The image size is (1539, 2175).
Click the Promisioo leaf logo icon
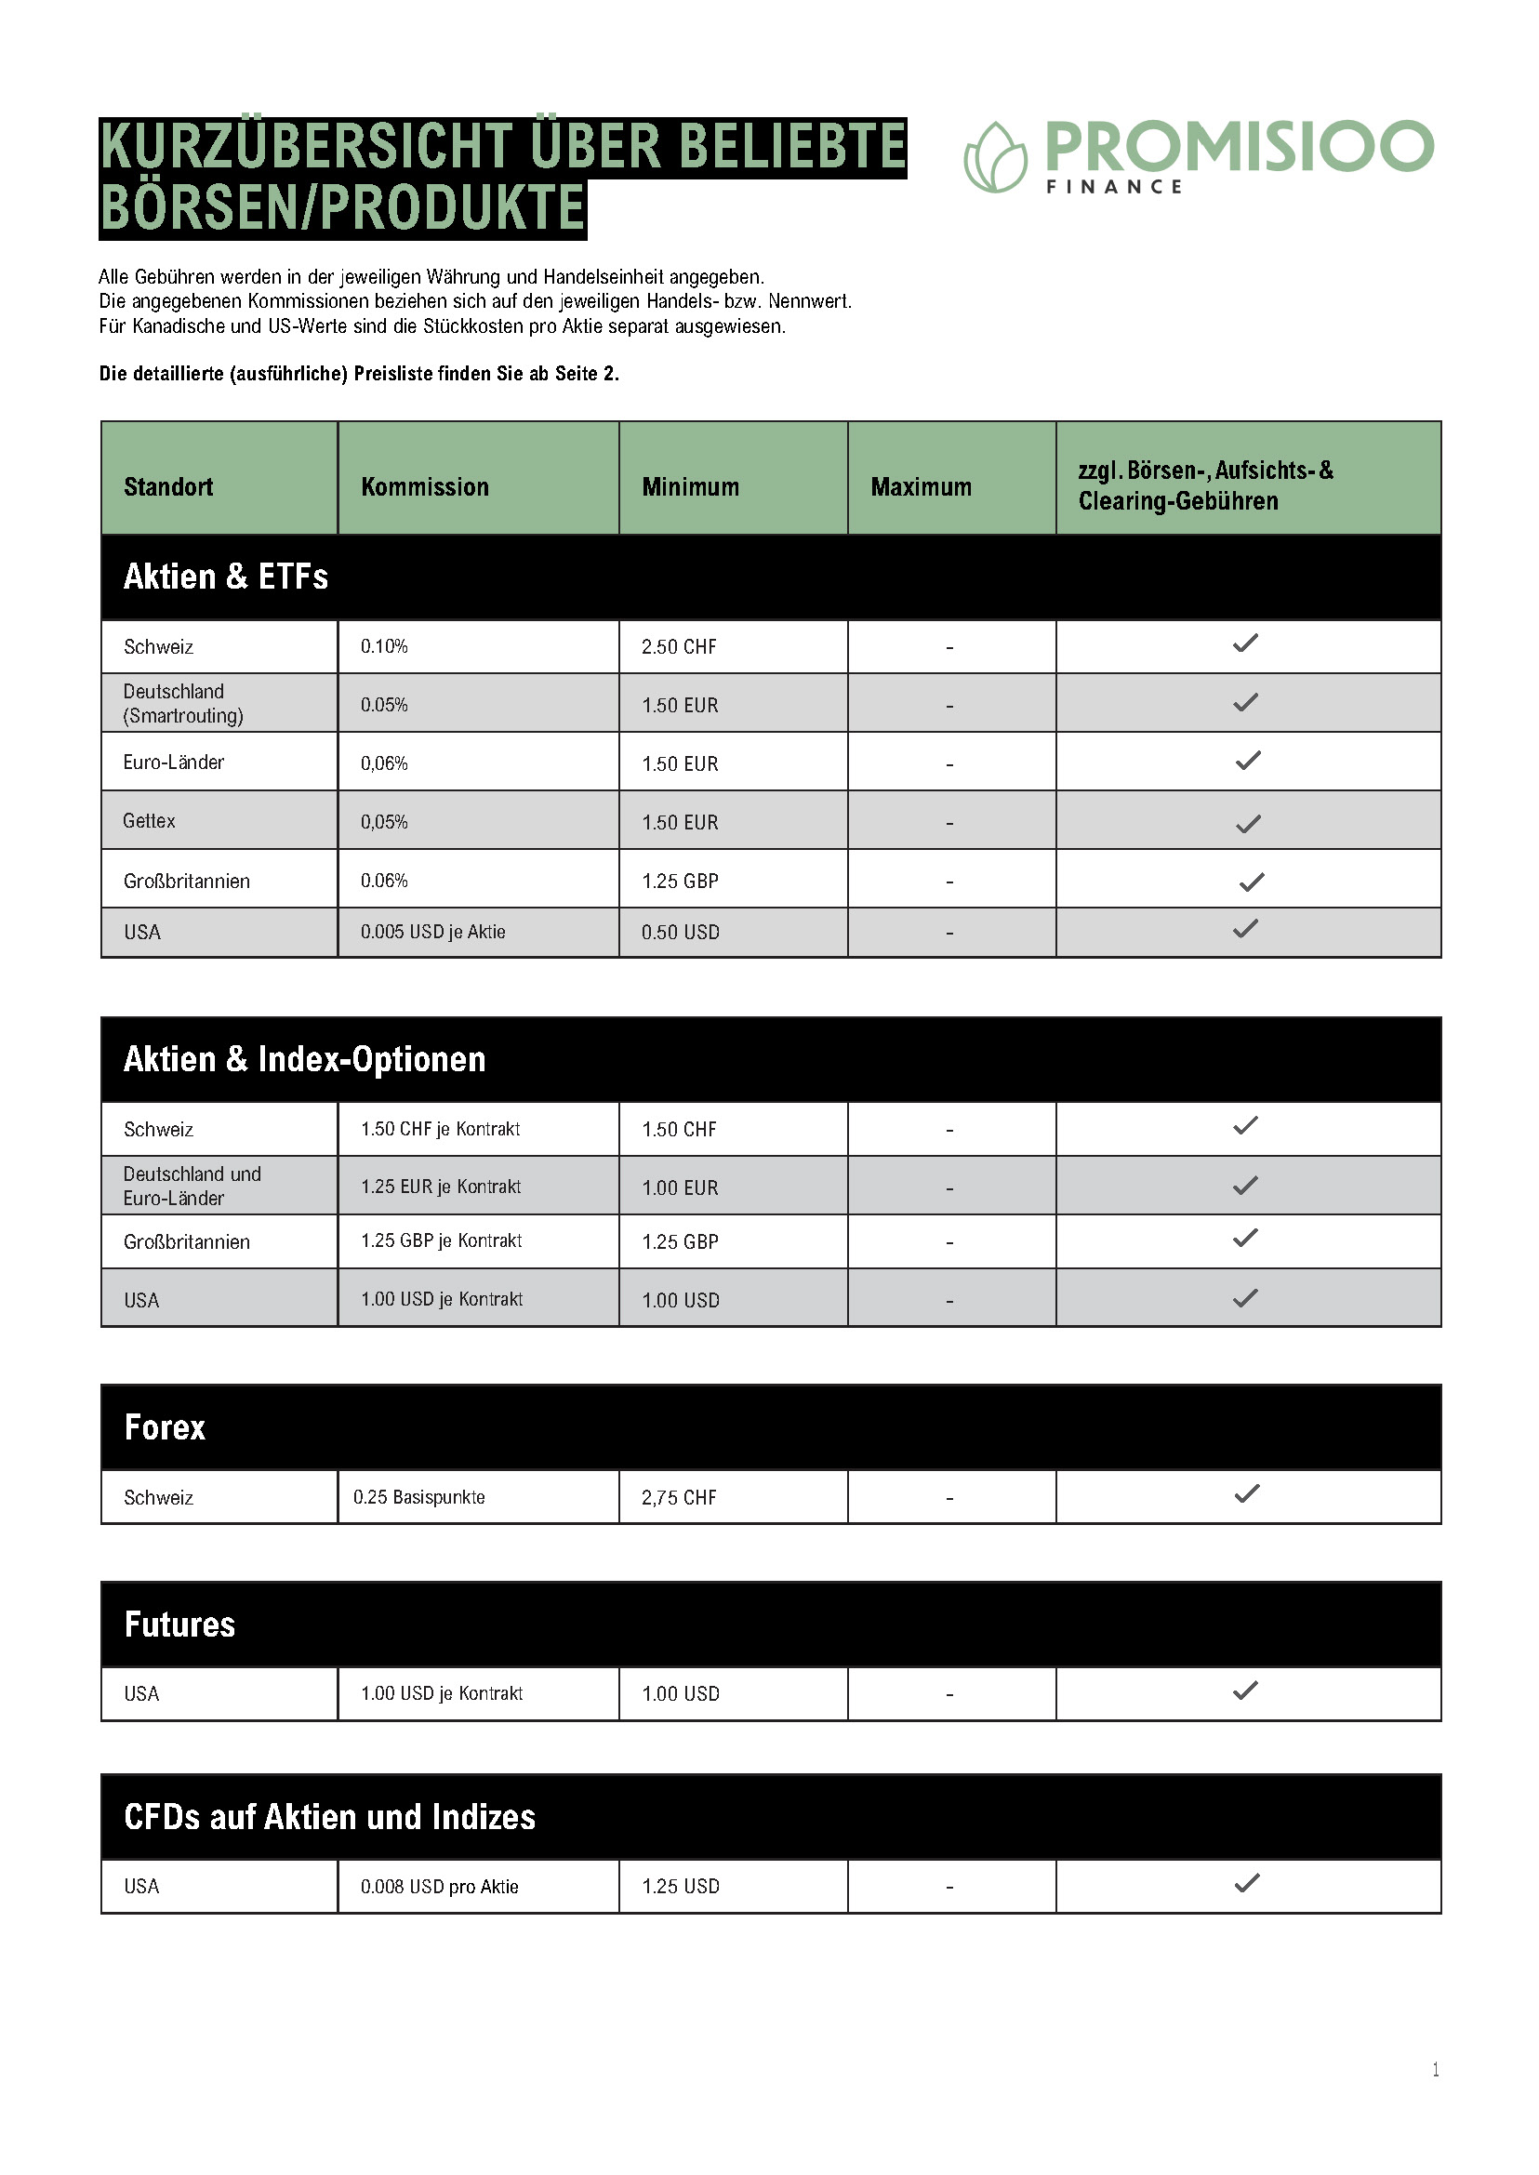[x=994, y=157]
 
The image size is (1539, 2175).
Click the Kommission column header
[x=425, y=487]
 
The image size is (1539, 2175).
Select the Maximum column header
[x=921, y=487]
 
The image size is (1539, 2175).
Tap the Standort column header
[x=167, y=487]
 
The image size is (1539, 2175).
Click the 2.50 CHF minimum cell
[x=679, y=647]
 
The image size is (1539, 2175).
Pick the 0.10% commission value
[x=384, y=646]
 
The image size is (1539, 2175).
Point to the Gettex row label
[x=149, y=821]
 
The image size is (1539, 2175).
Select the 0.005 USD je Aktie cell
[x=432, y=932]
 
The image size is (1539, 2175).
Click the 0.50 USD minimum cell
[x=680, y=933]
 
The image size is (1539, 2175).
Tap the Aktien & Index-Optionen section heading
[x=304, y=1058]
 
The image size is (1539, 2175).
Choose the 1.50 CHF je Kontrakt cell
[x=440, y=1129]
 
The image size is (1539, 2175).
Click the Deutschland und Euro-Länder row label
[x=192, y=1186]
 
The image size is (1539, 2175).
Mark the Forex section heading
[x=165, y=1427]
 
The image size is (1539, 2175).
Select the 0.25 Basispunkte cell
[x=418, y=1497]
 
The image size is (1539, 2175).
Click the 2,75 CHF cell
[x=679, y=1498]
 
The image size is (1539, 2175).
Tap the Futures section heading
[x=179, y=1625]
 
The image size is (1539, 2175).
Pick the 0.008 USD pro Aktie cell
[x=439, y=1887]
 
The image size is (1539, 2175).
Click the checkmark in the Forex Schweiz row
[x=1246, y=1494]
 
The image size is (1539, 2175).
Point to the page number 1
[x=1435, y=2070]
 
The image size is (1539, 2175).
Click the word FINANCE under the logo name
[x=1113, y=187]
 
